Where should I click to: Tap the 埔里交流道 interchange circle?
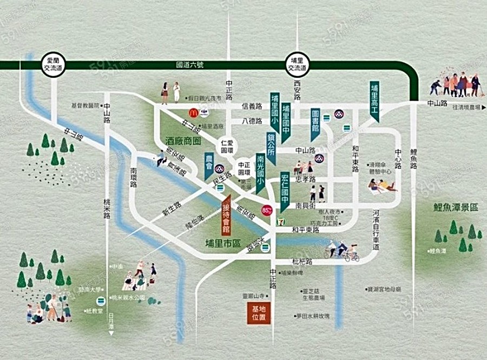297,66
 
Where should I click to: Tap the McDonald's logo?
192,113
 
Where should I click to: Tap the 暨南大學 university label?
87,290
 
